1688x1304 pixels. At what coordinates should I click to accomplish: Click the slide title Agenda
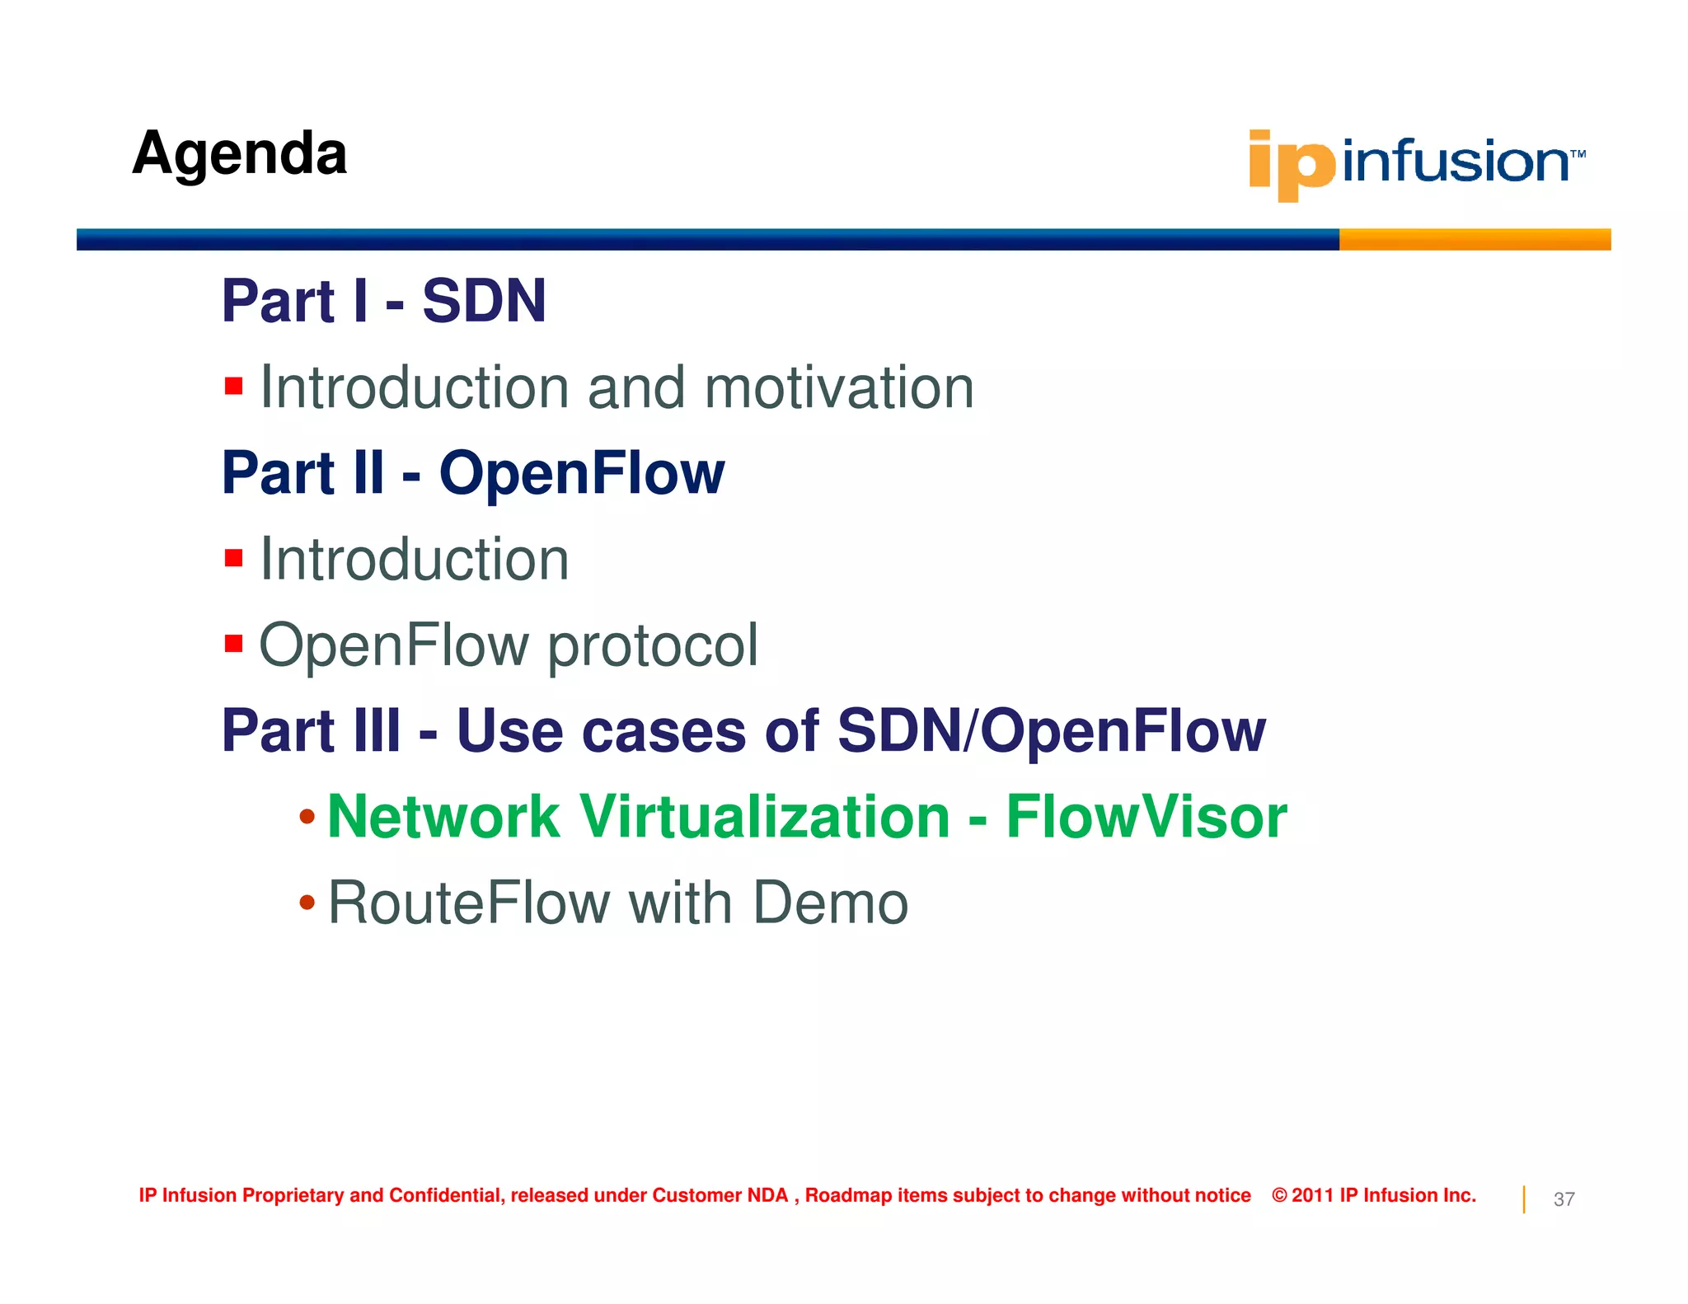[239, 154]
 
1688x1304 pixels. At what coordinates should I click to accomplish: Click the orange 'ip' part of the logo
[1291, 165]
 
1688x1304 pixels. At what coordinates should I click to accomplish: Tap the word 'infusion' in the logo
[1455, 161]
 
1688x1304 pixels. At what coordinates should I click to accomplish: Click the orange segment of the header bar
[1474, 239]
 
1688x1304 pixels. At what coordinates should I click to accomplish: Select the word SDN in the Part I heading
[484, 301]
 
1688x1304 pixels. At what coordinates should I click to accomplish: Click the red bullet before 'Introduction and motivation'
[233, 387]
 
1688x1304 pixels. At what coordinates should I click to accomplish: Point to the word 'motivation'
[838, 387]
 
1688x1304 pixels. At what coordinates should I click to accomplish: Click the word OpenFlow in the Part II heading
[581, 473]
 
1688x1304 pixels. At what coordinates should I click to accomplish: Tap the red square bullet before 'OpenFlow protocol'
[233, 643]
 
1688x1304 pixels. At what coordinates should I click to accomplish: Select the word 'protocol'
[652, 645]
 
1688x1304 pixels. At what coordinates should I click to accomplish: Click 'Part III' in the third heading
[311, 731]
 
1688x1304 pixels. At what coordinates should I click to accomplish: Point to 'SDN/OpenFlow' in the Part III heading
[1051, 731]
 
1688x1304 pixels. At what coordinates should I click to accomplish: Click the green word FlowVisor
[1146, 817]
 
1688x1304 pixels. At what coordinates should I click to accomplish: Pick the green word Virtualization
[764, 817]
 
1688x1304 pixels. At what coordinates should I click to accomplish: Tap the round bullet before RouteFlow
[307, 903]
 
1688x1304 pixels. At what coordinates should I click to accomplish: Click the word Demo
[830, 903]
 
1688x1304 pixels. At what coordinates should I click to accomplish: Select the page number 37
[1564, 1199]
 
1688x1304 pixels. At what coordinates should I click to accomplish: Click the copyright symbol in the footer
[1279, 1195]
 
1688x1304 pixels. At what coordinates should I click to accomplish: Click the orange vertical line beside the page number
[1524, 1199]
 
